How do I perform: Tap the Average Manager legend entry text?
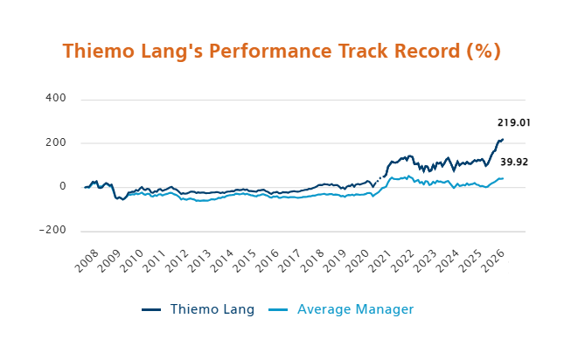point(355,309)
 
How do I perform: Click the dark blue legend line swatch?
point(151,309)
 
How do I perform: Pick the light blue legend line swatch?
point(277,309)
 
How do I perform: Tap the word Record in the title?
point(425,51)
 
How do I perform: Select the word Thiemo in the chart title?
point(98,51)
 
